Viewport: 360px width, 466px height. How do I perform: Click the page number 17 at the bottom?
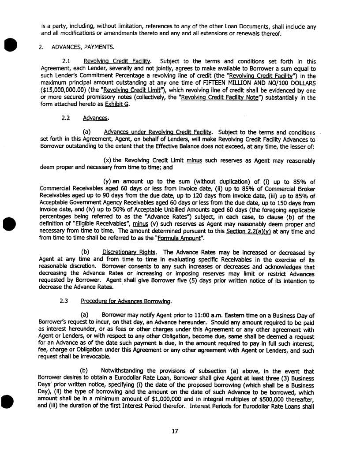[x=175, y=431]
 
